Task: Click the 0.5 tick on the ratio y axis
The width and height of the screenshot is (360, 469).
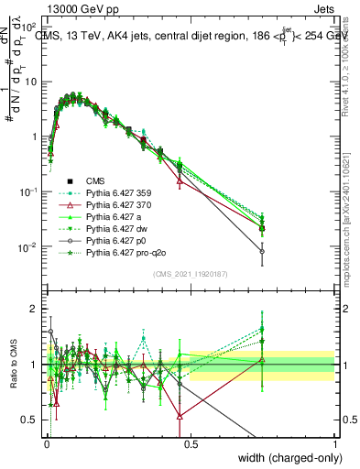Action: [x=31, y=420]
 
